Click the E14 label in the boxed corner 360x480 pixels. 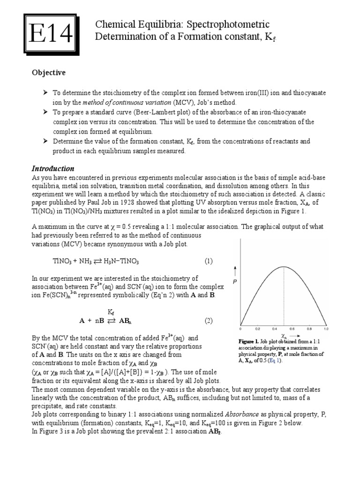coord(49,34)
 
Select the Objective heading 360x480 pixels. coord(48,73)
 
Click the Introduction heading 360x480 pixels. coord(52,168)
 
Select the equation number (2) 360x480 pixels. coord(208,321)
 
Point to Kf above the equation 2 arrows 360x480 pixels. coord(111,311)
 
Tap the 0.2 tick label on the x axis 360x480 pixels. coord(257,329)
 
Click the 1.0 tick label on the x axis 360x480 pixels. coord(326,329)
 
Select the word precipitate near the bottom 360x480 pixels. coord(47,405)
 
